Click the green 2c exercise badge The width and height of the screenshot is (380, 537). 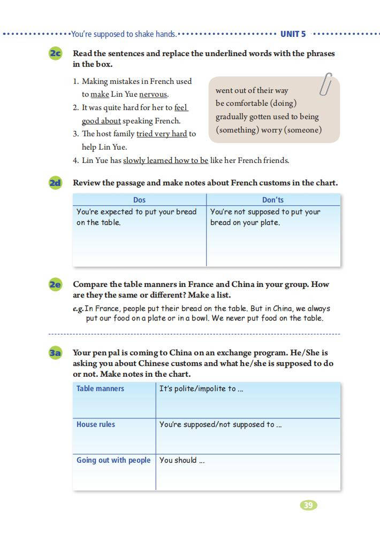click(55, 53)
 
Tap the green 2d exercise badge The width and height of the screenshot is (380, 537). click(55, 183)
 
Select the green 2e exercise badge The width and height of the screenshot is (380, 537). click(55, 284)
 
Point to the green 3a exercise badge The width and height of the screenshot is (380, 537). click(55, 353)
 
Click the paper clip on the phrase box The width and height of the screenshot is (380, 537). click(325, 84)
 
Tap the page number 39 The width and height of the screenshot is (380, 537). click(308, 505)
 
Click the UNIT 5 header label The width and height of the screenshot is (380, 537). click(293, 34)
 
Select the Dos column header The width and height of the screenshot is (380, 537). click(139, 200)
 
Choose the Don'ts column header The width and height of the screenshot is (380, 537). click(273, 200)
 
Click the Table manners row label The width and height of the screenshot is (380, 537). click(100, 388)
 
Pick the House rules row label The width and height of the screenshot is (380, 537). click(96, 424)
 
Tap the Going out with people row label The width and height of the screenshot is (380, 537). click(113, 460)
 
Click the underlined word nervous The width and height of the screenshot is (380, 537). click(154, 95)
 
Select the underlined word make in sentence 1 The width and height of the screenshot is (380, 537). click(100, 95)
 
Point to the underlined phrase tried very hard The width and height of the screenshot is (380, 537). click(162, 134)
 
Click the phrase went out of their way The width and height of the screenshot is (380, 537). click(252, 90)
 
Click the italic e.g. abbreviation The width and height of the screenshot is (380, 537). click(78, 309)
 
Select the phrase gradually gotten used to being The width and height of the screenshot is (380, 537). click(267, 116)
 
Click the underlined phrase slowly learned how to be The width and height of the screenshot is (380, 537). click(165, 160)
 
